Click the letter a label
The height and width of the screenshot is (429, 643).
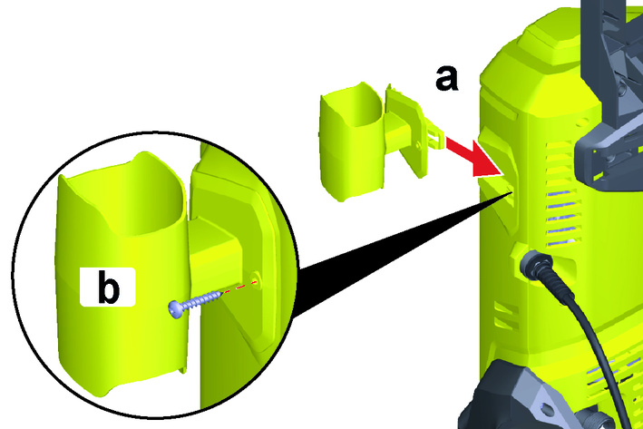(446, 79)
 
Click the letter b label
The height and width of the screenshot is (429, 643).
(108, 288)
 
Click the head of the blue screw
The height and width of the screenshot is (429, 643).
(176, 309)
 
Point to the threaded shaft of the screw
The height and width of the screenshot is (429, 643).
(202, 298)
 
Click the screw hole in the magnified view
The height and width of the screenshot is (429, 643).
(255, 279)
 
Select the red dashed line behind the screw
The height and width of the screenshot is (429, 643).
(240, 287)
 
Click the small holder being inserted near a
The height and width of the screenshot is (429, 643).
(377, 140)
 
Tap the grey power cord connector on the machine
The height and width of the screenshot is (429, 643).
(536, 266)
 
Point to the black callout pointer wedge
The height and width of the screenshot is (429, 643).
(402, 250)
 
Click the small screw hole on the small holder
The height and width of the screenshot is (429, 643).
(417, 144)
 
